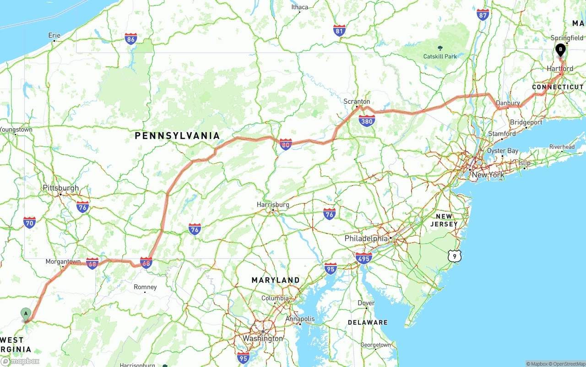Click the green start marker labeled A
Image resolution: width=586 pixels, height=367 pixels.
(26, 314)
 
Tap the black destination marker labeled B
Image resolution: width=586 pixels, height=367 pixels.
(560, 49)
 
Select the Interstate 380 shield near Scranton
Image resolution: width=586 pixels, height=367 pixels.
(367, 121)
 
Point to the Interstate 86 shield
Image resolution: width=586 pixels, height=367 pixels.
(131, 38)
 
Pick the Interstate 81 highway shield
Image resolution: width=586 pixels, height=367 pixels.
(339, 31)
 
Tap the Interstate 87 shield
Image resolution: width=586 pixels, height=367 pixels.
(483, 14)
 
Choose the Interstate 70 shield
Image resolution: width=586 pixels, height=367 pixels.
(29, 223)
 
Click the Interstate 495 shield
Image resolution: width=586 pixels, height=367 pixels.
(364, 258)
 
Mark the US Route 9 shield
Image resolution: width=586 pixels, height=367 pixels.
(454, 256)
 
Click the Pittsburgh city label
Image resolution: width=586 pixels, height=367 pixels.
(60, 188)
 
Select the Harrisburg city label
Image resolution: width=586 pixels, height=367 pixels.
(273, 205)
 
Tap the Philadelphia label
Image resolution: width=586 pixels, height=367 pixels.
(366, 239)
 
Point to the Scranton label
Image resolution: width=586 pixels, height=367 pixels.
(357, 101)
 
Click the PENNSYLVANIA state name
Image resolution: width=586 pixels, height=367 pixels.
(177, 136)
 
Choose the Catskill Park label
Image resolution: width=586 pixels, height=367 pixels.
(440, 56)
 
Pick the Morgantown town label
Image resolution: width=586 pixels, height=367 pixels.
(63, 262)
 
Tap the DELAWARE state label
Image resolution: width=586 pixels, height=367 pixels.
(367, 322)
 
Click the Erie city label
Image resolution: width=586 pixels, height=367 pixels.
(54, 35)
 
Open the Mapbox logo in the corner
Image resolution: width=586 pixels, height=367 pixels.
(21, 361)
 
